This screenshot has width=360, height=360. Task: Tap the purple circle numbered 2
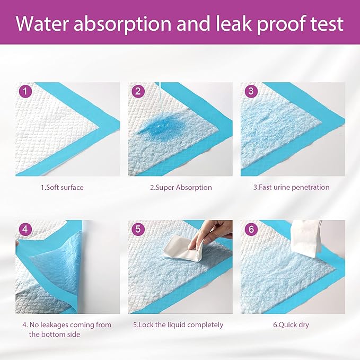tap(139, 92)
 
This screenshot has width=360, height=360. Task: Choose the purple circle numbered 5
tap(139, 230)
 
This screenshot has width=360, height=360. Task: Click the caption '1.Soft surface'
tap(62, 187)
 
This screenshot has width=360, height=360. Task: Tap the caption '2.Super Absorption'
tap(179, 187)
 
